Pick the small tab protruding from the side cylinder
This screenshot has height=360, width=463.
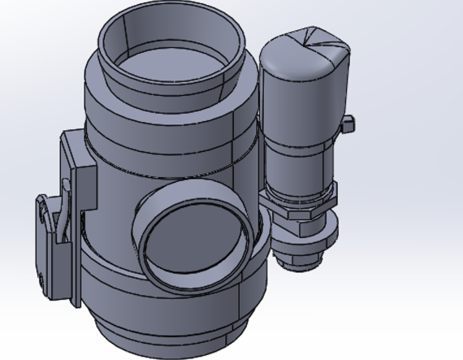click(348, 124)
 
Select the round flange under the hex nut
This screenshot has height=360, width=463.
click(305, 236)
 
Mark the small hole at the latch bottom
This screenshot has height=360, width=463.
click(41, 280)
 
